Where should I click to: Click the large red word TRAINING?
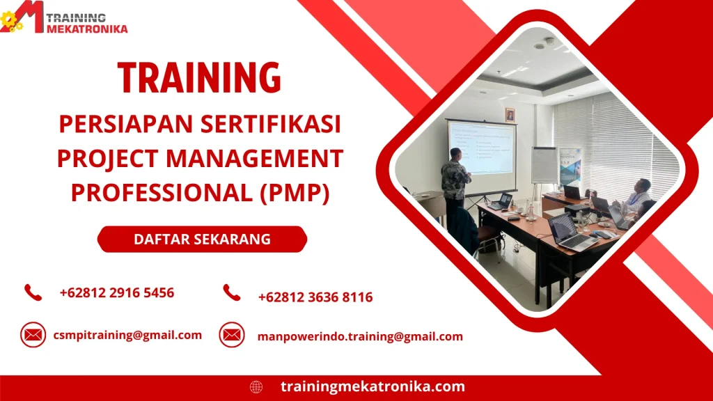[199, 77]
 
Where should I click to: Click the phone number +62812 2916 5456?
[117, 292]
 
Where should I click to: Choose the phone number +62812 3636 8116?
[315, 297]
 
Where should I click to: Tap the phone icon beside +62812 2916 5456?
[33, 292]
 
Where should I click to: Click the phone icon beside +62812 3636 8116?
[232, 293]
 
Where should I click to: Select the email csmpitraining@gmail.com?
[127, 335]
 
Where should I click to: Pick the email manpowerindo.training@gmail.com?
[360, 336]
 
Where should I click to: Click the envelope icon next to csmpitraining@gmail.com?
[33, 335]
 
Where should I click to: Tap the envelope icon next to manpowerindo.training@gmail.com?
[232, 335]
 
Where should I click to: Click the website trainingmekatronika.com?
[373, 386]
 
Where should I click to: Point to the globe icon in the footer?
[256, 386]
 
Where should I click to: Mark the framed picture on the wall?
[510, 115]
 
